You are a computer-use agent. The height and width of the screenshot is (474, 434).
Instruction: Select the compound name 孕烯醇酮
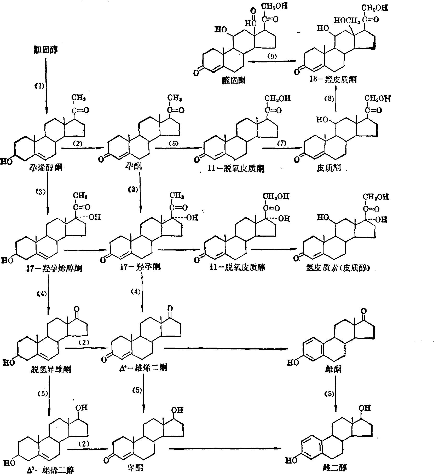point(45,167)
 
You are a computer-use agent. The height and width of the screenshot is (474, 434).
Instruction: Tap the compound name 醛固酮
point(233,80)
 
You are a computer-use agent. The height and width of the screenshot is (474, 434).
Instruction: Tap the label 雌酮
point(334,369)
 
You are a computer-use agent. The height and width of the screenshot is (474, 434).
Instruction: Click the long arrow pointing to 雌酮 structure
point(226,349)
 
